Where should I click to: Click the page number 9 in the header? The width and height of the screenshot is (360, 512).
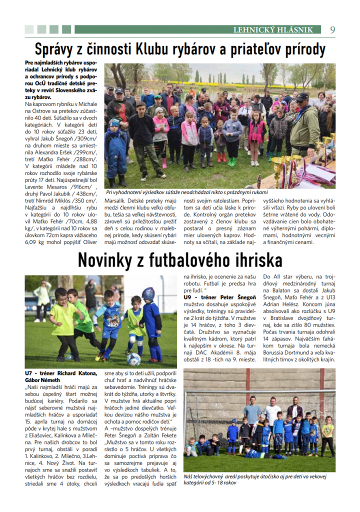332,29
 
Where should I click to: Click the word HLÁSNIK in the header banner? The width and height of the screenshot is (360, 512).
295,30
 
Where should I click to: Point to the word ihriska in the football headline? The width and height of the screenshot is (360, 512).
256,260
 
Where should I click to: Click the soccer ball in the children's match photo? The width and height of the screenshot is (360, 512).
133,358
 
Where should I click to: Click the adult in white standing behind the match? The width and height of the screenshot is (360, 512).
42,299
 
